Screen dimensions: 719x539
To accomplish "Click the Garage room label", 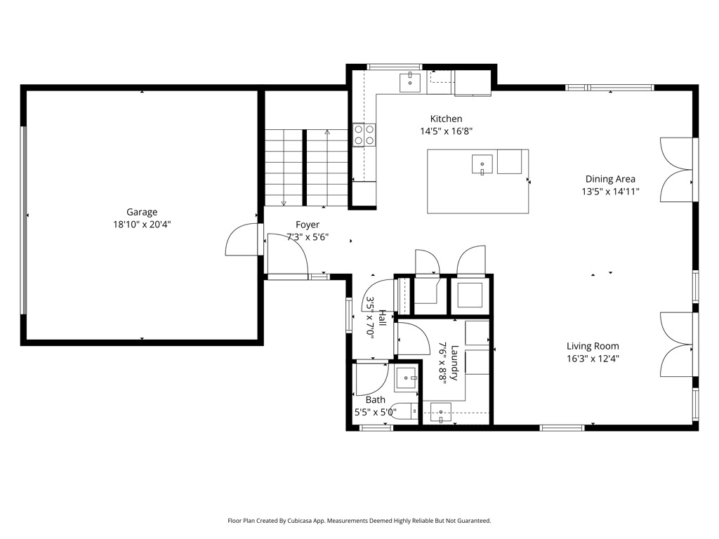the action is pyautogui.click(x=142, y=212).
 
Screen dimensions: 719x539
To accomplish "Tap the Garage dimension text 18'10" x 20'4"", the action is pyautogui.click(x=142, y=225).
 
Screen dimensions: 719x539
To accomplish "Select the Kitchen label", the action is pyautogui.click(x=446, y=119).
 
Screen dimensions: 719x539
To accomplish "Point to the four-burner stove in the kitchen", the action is pyautogui.click(x=364, y=135).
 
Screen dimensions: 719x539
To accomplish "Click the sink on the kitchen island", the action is pyautogui.click(x=482, y=164).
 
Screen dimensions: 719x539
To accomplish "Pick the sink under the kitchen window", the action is pyautogui.click(x=410, y=83).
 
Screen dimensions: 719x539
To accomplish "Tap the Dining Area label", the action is pyautogui.click(x=610, y=179).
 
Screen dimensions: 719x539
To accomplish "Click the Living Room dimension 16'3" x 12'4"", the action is pyautogui.click(x=593, y=359).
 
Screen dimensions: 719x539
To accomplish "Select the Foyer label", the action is pyautogui.click(x=308, y=225).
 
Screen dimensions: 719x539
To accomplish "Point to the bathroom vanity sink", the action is pyautogui.click(x=407, y=378).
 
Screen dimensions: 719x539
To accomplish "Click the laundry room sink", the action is pyautogui.click(x=441, y=413).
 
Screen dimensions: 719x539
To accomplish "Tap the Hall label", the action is pyautogui.click(x=382, y=318).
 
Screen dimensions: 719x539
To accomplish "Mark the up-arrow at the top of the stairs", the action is pyautogui.click(x=327, y=133).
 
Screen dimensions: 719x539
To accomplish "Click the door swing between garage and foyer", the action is pyautogui.click(x=242, y=239).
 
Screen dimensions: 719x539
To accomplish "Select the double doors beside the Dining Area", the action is pyautogui.click(x=676, y=170).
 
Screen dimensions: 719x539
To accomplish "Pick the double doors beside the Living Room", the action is pyautogui.click(x=676, y=345).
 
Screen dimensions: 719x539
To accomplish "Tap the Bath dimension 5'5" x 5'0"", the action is pyautogui.click(x=376, y=412).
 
